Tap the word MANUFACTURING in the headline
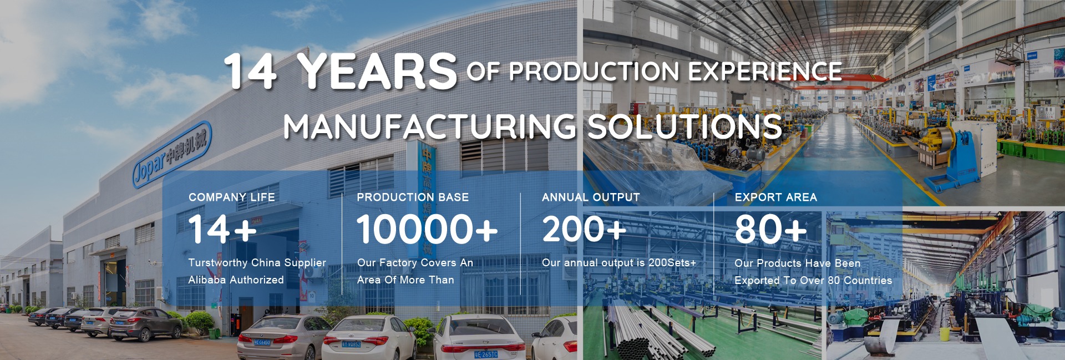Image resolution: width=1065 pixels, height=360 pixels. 430,126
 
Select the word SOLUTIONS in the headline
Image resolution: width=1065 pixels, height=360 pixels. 684,126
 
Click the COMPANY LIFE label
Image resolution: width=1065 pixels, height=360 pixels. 232,197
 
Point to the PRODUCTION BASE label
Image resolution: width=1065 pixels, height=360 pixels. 413,197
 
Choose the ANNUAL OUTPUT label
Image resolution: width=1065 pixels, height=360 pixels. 591,197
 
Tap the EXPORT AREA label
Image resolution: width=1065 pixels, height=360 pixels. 776,197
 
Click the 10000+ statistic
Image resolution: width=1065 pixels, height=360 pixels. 427,229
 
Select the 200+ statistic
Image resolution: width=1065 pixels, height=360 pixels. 584,229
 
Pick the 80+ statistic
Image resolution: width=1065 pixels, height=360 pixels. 771,229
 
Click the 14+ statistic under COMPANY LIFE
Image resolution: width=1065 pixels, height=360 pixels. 223,229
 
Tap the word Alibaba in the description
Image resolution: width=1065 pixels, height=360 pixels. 207,280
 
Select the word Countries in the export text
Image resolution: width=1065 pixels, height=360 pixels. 868,280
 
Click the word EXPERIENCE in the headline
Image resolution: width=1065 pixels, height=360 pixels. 765,71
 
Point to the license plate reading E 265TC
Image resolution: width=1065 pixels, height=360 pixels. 486,354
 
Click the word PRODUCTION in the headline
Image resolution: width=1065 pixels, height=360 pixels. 594,71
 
